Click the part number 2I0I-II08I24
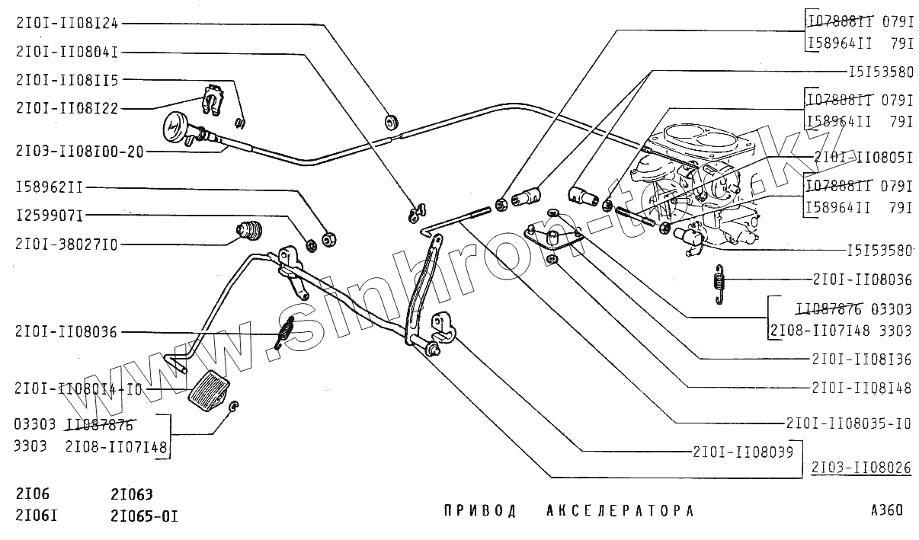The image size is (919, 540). tap(66, 23)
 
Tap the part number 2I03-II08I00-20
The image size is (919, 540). tap(78, 151)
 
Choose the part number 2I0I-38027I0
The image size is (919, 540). tap(66, 244)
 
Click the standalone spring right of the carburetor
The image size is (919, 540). tap(718, 283)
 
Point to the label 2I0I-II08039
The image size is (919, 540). tap(743, 451)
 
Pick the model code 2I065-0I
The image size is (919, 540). tap(144, 516)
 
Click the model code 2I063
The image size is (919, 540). tap(132, 493)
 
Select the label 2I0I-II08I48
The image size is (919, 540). tap(861, 388)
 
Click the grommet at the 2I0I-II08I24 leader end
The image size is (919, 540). tap(391, 120)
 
